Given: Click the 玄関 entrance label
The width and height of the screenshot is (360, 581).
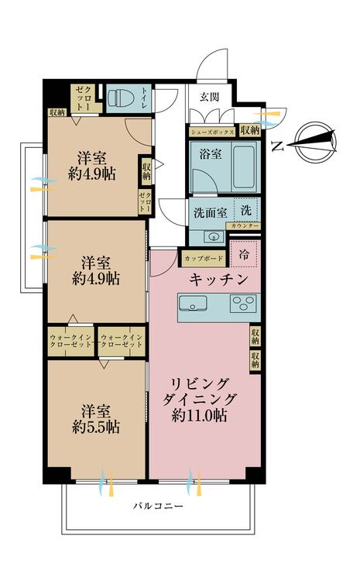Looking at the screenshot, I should click(209, 97).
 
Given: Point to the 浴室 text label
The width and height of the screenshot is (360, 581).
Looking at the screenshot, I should click(210, 153).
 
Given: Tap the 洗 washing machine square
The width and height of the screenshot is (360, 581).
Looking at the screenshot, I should click(246, 210).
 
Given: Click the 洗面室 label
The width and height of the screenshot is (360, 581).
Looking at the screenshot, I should click(209, 211).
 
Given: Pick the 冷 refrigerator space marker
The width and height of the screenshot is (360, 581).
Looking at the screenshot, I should click(245, 253).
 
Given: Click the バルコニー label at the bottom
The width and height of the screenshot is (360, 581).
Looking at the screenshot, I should click(157, 506).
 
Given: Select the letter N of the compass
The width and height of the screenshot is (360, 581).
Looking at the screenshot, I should click(277, 144).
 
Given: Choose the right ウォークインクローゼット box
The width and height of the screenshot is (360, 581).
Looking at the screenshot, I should click(121, 342).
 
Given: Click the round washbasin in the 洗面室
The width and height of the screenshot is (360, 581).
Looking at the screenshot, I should click(209, 236).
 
